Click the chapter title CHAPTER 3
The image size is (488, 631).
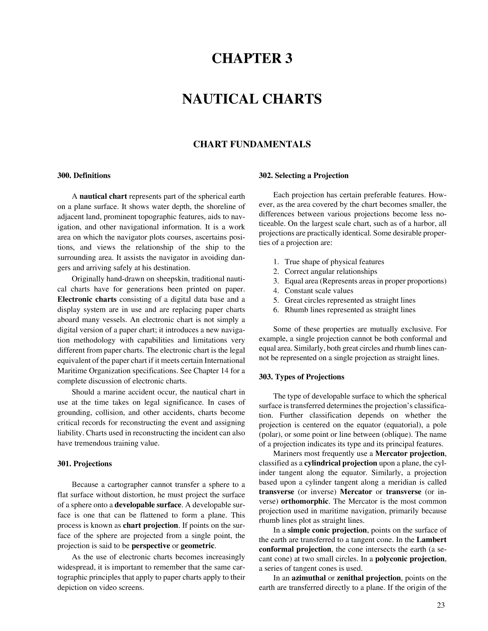(x=252, y=59)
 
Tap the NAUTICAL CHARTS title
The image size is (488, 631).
(x=252, y=99)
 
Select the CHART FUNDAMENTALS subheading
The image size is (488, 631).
(x=252, y=144)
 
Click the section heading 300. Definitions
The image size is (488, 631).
(x=84, y=176)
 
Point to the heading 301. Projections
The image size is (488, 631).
(x=84, y=464)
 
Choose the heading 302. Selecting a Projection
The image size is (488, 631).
(x=303, y=176)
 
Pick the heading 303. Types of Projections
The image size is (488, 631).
(x=301, y=377)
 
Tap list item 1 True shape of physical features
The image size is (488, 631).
(x=334, y=262)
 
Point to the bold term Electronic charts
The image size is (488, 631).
(x=87, y=300)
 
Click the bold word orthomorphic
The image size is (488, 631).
(x=305, y=502)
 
